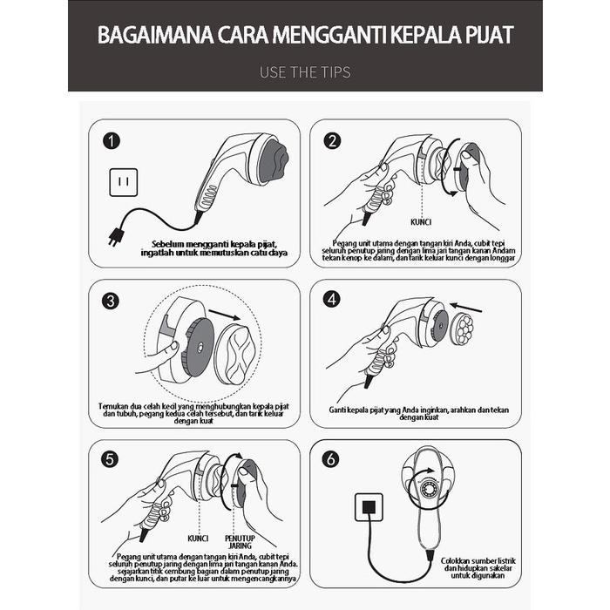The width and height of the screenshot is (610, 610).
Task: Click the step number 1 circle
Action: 111,141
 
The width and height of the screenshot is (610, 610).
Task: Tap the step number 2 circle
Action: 332,141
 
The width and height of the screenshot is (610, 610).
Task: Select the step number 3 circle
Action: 111,302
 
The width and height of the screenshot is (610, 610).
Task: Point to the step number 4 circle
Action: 332,300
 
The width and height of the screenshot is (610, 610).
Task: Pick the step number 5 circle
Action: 111,460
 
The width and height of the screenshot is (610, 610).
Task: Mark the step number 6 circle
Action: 332,460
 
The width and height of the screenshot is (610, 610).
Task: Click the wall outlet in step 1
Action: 123,183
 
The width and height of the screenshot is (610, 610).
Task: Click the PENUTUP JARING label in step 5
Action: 241,542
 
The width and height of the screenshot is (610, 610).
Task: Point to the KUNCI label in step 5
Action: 199,538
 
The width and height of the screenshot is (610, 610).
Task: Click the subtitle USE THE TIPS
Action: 305,72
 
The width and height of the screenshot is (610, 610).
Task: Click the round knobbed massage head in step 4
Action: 462,330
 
